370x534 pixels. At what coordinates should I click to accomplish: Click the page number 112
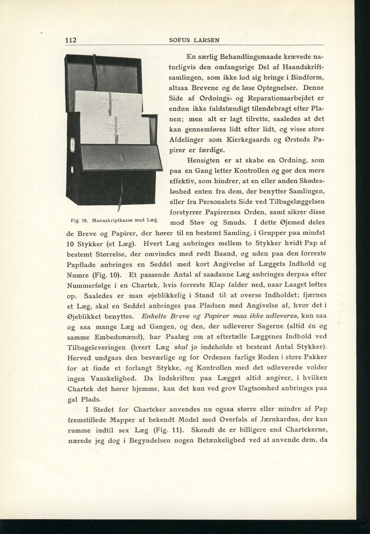click(x=71, y=40)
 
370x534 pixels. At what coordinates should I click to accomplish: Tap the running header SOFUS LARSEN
click(x=194, y=40)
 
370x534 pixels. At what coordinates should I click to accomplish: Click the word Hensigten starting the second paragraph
click(x=205, y=160)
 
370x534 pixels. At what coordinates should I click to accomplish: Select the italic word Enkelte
click(x=156, y=315)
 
